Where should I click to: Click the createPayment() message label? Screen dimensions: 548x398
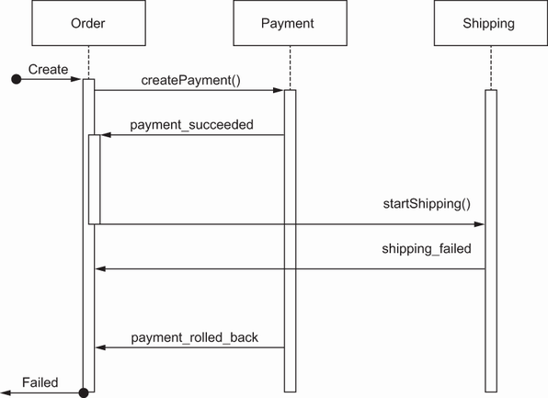[x=191, y=80]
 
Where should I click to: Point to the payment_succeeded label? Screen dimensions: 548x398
[x=191, y=125]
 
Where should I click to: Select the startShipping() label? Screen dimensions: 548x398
[x=427, y=204]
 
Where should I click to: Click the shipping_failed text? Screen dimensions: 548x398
[x=427, y=248]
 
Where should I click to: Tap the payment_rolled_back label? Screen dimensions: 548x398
[x=195, y=337]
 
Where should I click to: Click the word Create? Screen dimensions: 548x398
[x=48, y=69]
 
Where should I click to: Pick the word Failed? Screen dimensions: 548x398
[x=40, y=382]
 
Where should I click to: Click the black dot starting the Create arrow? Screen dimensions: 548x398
[x=17, y=79]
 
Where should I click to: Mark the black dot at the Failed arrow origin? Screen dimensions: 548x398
[x=84, y=392]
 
